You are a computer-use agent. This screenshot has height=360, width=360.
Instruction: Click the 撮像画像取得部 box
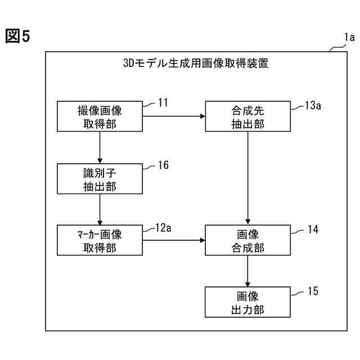(100, 116)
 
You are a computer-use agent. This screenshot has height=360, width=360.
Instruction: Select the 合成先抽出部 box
(247, 116)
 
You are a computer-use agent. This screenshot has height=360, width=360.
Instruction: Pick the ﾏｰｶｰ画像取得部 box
(100, 240)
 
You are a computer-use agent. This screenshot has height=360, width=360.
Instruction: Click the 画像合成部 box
(247, 240)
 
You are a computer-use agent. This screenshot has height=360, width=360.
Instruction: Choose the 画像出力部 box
(247, 302)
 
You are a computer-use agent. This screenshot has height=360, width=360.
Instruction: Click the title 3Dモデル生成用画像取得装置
(195, 63)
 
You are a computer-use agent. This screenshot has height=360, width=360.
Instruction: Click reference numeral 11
(163, 103)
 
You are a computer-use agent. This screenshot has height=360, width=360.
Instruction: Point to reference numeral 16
(163, 165)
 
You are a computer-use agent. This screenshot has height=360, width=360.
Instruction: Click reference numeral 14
(313, 229)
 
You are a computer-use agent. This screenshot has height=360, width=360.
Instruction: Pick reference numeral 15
(313, 291)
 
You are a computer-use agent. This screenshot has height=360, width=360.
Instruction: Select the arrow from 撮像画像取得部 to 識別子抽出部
(100, 147)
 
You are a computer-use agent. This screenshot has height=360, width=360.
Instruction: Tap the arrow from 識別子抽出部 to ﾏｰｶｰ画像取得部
(100, 209)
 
